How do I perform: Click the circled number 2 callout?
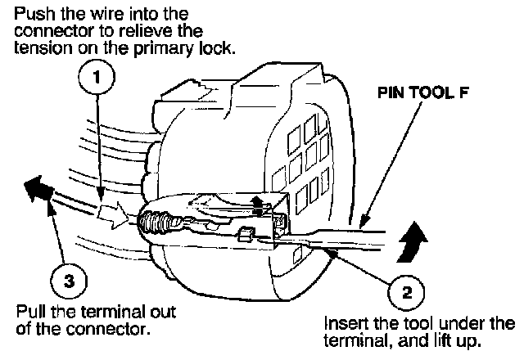click(407, 289)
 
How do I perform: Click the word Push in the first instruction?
click(32, 15)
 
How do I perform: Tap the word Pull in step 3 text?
click(31, 313)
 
